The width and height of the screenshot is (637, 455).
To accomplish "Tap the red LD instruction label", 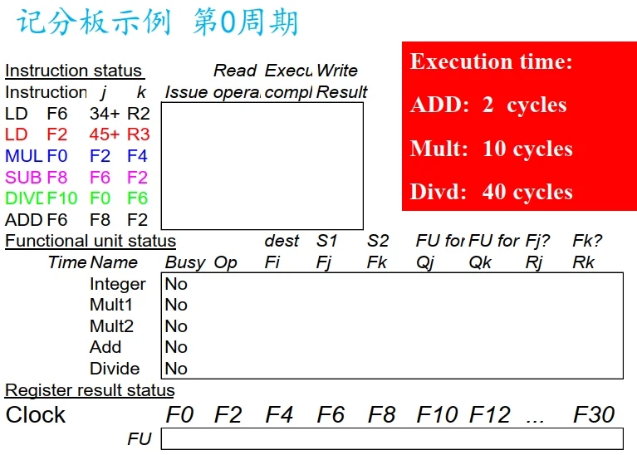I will point(16,135).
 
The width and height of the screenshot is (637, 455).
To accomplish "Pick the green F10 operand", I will point(62,198).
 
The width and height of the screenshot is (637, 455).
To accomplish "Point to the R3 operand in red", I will point(138,135).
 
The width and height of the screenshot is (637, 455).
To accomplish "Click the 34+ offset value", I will point(105,113).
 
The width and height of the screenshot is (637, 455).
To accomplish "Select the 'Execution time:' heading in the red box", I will point(491,61).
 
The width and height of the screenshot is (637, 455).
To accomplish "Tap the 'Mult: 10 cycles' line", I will point(491,149).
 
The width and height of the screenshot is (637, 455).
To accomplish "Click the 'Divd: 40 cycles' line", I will point(491,193).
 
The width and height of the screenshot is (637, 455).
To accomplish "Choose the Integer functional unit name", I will point(117,284).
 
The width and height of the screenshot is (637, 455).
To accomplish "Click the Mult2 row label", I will point(111,326).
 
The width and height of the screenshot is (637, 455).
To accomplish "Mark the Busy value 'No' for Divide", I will point(176,369).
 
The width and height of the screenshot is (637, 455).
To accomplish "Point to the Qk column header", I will point(480,262).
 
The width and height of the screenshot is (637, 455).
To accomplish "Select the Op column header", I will point(225,262).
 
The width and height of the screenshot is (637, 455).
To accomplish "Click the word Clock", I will point(36,415).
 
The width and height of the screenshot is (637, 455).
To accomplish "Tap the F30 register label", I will point(594,414).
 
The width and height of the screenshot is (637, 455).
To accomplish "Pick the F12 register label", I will point(489,414).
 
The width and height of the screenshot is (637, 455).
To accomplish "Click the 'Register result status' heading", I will point(90,390).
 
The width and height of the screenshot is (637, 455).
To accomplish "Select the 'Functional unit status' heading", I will point(91,241).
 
